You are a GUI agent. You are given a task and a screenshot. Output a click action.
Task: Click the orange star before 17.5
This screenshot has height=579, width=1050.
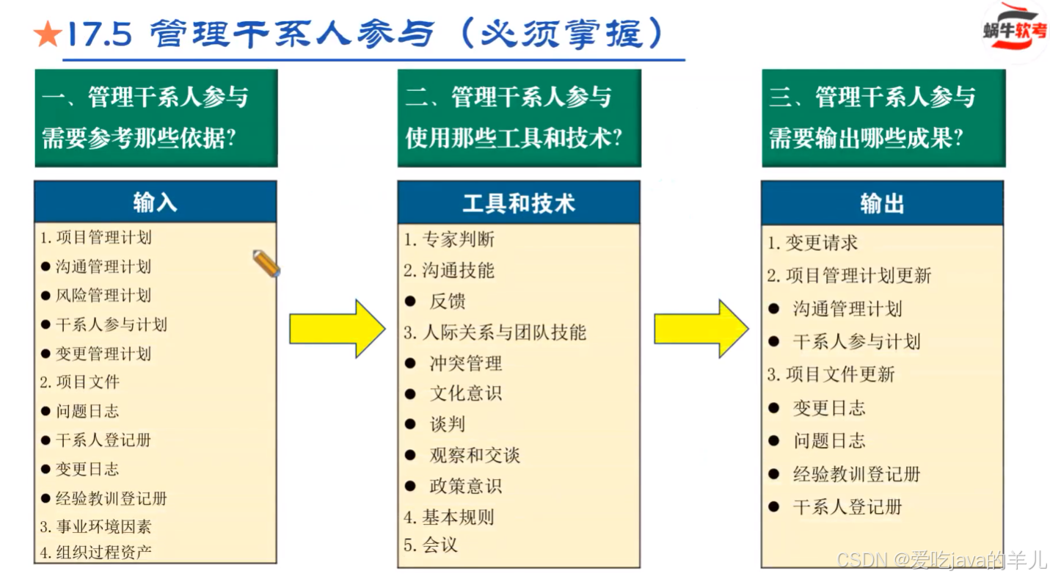point(48,34)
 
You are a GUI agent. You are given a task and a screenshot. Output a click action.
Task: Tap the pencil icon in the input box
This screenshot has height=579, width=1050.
point(266,263)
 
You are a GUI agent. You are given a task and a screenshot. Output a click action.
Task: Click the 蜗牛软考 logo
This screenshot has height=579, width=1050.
point(1015,31)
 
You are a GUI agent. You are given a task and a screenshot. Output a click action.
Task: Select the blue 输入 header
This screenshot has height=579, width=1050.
point(156,202)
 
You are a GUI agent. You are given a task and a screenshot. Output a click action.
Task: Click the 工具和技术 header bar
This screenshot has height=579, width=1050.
point(519,203)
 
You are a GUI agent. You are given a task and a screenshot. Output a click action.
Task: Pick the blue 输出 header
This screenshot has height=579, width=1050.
point(882,203)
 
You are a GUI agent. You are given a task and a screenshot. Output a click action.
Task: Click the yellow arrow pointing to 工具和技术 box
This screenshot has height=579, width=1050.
point(337,328)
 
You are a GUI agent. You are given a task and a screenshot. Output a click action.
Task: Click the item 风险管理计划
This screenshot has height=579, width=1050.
point(103,296)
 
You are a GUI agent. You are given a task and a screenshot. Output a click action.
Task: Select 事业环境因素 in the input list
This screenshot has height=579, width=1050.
point(103,527)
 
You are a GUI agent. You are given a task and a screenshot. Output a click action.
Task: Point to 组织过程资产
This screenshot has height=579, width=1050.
point(103,552)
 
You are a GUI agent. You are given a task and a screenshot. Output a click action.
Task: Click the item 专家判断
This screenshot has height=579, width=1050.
point(458,239)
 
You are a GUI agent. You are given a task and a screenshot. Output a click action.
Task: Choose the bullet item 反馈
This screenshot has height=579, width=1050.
point(448,302)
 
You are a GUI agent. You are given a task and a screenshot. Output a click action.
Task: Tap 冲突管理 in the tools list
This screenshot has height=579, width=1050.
point(466,363)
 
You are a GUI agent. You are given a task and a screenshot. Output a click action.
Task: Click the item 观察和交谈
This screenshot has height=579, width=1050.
point(475,455)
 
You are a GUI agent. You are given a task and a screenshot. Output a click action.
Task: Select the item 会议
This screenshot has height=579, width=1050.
point(440,545)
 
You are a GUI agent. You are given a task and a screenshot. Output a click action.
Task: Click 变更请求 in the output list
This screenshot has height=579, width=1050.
point(821,243)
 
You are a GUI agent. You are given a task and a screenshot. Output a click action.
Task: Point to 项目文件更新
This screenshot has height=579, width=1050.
point(840,375)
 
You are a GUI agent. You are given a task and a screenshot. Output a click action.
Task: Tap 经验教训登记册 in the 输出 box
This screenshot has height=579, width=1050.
point(856,474)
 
